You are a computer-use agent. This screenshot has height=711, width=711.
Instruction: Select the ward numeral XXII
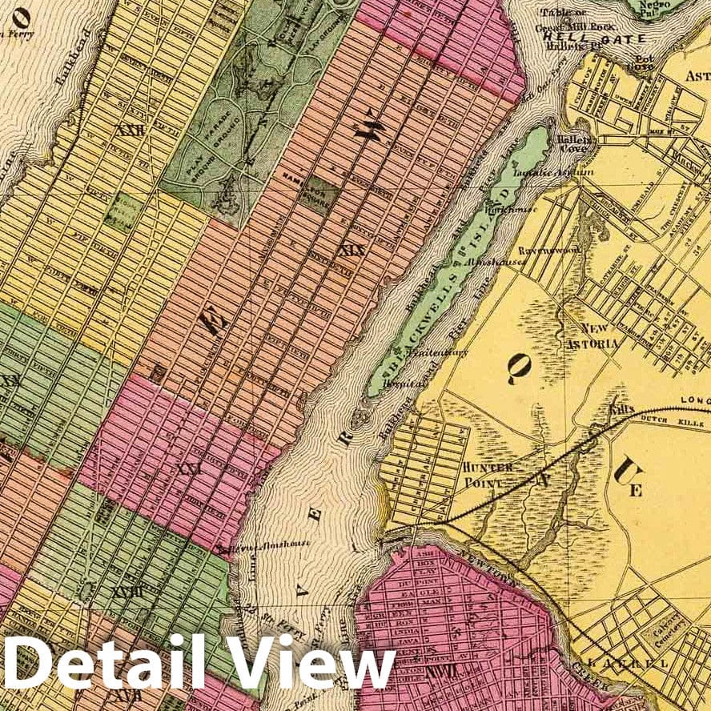(x=130, y=131)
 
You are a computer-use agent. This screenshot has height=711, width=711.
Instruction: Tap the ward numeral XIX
(x=351, y=251)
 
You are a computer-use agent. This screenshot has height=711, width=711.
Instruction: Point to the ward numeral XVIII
(x=127, y=592)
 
